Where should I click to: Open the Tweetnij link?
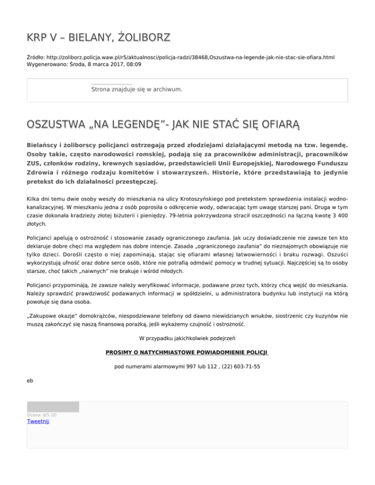(x=38, y=422)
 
